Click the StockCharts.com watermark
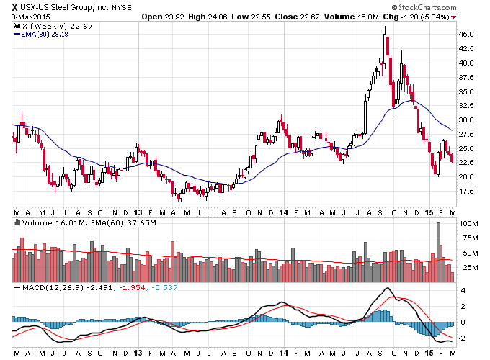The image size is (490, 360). point(424,7)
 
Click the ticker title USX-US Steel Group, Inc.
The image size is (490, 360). point(64,7)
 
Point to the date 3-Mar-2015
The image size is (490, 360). point(30,17)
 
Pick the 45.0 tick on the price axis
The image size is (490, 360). point(466,34)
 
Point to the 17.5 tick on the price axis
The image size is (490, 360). point(466,191)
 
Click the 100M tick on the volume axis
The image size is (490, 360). point(468,223)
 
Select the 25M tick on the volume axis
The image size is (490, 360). point(470,268)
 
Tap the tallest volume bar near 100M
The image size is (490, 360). point(438,252)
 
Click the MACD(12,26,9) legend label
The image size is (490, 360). point(53,287)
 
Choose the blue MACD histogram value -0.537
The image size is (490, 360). point(164,287)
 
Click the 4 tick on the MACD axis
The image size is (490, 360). point(463,291)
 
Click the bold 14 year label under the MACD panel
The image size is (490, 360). point(283,353)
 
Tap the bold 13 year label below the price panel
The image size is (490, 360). point(138,212)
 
